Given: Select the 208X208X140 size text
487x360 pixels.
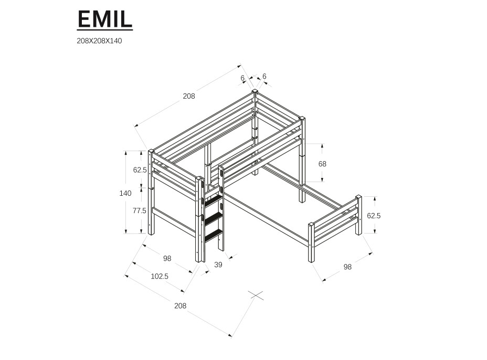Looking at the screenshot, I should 99,41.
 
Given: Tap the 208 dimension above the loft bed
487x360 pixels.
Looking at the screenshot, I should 188,96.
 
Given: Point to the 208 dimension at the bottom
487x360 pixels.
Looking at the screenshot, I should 180,305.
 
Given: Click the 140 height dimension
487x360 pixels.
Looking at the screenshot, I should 125,193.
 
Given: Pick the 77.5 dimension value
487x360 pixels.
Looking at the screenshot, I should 140,210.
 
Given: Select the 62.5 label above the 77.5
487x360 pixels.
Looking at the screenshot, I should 140,170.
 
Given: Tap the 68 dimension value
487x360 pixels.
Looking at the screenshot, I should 322,164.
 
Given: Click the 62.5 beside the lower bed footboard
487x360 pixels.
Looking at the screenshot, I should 373,215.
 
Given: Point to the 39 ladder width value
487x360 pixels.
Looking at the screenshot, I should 218,264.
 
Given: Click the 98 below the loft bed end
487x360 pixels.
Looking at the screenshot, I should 167,258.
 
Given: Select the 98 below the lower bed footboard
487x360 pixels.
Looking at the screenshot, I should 347,267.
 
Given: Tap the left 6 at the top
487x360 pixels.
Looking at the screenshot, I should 242,78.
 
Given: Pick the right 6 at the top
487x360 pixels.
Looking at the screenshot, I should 264,76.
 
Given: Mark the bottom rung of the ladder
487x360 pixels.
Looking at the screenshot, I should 214,235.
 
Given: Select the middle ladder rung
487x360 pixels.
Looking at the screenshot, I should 214,217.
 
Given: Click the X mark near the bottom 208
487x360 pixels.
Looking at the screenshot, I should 256,295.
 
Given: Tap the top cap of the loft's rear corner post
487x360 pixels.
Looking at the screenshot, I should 255,91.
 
